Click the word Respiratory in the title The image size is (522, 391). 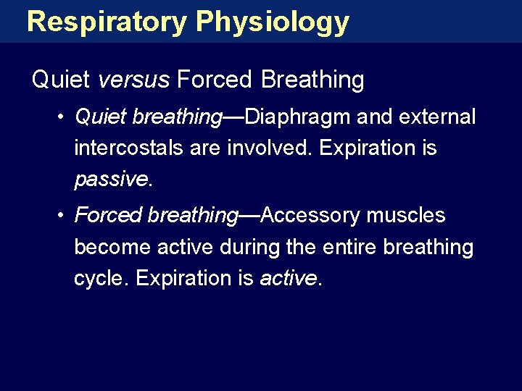click(106, 22)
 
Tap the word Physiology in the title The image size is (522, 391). click(272, 22)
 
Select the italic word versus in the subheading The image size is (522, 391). click(133, 80)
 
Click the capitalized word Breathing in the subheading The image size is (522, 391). click(312, 80)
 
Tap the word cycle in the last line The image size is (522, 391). click(99, 279)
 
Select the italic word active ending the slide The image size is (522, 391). click(289, 279)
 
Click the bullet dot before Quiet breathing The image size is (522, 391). click(65, 117)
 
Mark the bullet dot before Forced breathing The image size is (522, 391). click(65, 215)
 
